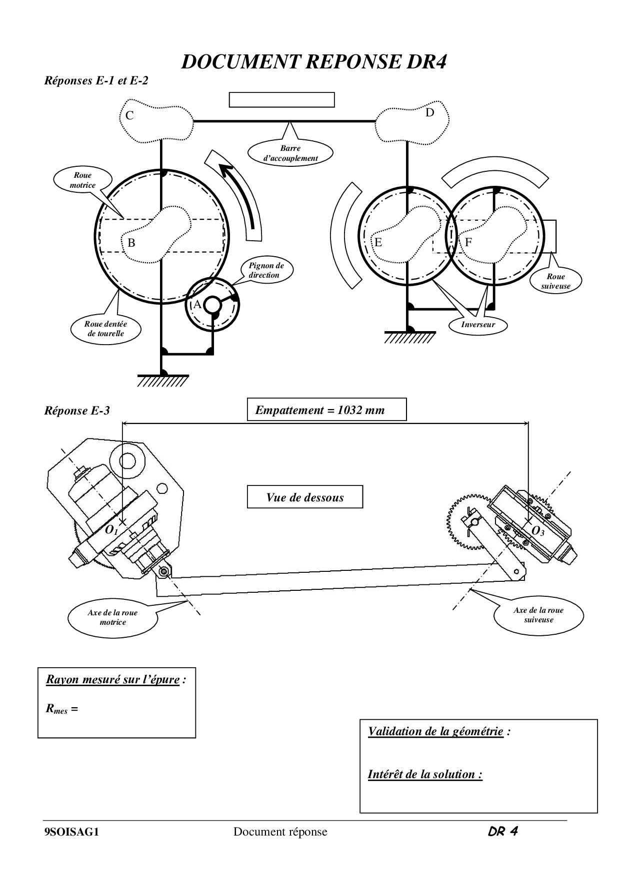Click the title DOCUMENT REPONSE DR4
[x=313, y=62]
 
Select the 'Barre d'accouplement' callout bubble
[x=290, y=153]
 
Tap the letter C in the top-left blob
[x=129, y=116]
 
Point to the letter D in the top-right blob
[x=430, y=113]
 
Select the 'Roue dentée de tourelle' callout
[x=105, y=329]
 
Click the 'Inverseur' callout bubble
[x=478, y=325]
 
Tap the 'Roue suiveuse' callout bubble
[x=555, y=281]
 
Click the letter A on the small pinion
[x=197, y=304]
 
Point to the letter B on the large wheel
[x=131, y=243]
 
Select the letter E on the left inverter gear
[x=378, y=243]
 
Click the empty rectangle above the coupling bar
[x=281, y=99]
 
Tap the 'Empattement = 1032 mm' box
[x=327, y=410]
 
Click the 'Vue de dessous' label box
[x=305, y=497]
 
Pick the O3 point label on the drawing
[x=537, y=531]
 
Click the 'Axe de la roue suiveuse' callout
[x=538, y=615]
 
